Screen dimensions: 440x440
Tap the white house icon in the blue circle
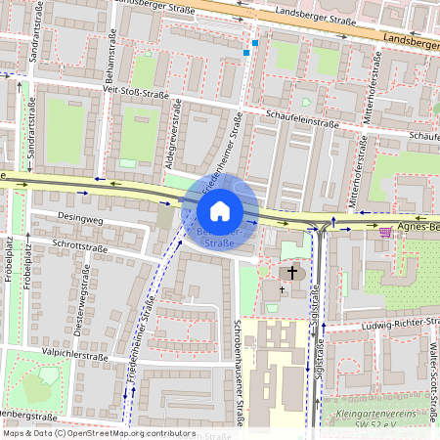(x=220, y=211)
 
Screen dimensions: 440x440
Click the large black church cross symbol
(x=292, y=271)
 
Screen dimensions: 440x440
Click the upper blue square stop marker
(x=255, y=43)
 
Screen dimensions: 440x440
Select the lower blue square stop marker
(x=246, y=53)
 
